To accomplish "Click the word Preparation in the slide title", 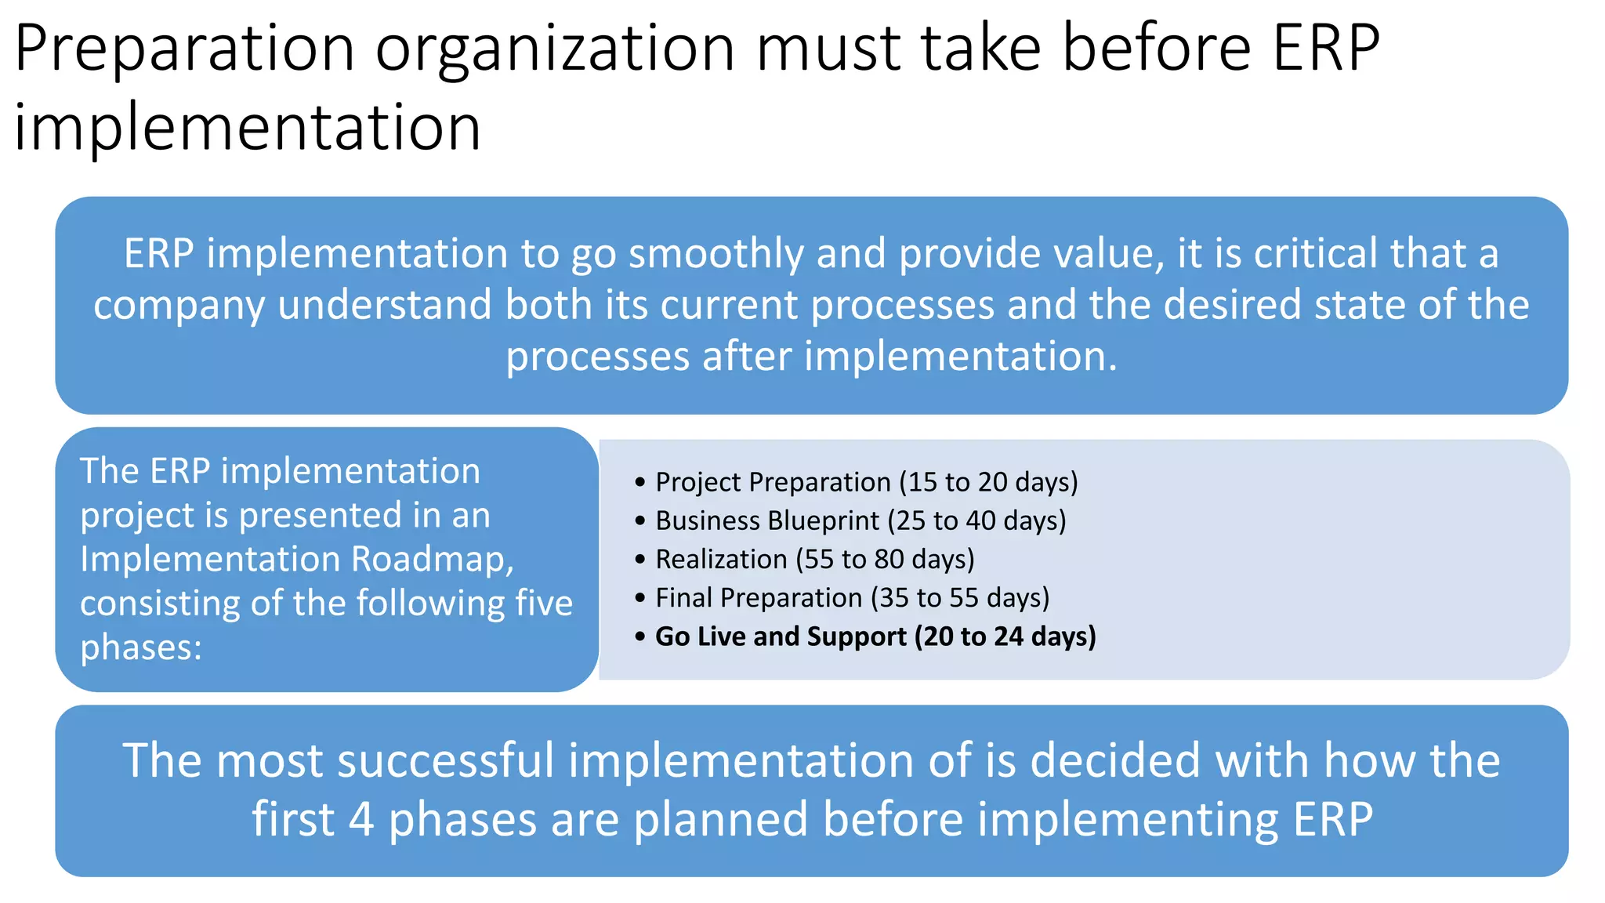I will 185,49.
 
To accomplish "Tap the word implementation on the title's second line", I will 248,127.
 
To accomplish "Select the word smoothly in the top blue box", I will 716,254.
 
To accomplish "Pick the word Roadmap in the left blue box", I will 432,559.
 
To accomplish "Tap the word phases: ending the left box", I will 141,647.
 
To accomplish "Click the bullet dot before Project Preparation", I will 640,482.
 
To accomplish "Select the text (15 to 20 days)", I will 988,482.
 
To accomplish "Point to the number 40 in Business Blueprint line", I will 980,520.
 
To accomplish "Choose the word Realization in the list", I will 721,559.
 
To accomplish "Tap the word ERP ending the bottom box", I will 1332,819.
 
